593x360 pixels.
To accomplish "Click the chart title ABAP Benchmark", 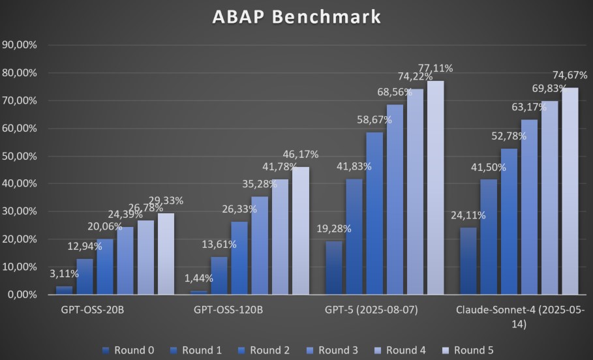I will pos(296,18).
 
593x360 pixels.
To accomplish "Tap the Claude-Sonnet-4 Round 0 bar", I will pos(468,261).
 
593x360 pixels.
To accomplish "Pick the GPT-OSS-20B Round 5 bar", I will pos(166,254).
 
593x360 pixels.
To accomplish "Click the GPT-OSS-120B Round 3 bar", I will pos(260,245).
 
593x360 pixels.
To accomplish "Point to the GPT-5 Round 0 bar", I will pos(334,267).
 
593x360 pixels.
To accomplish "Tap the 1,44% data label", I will pos(197,278).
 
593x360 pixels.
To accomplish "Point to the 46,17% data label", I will pos(301,154).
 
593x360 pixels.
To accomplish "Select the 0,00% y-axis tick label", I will pos(22,295).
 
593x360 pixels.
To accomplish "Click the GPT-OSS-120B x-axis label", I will pos(228,310).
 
